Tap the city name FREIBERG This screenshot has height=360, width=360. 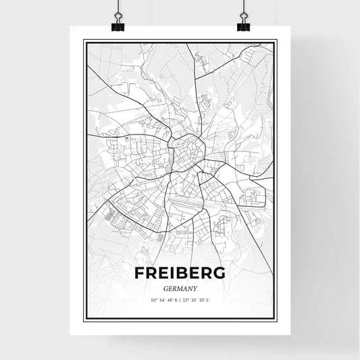click(x=180, y=273)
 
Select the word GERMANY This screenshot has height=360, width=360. click(x=180, y=286)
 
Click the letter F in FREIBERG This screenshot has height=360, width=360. click(x=140, y=273)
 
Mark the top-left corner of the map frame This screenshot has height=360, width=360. click(x=83, y=40)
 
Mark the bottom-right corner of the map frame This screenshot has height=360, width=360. click(x=277, y=319)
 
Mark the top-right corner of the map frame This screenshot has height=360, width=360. click(x=277, y=40)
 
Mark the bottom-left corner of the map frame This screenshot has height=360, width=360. click(x=83, y=319)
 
